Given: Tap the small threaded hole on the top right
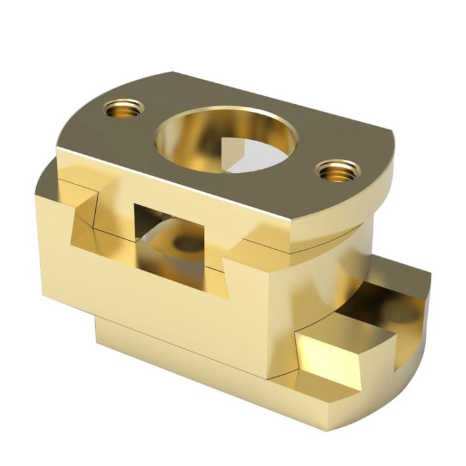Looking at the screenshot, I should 336,171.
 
